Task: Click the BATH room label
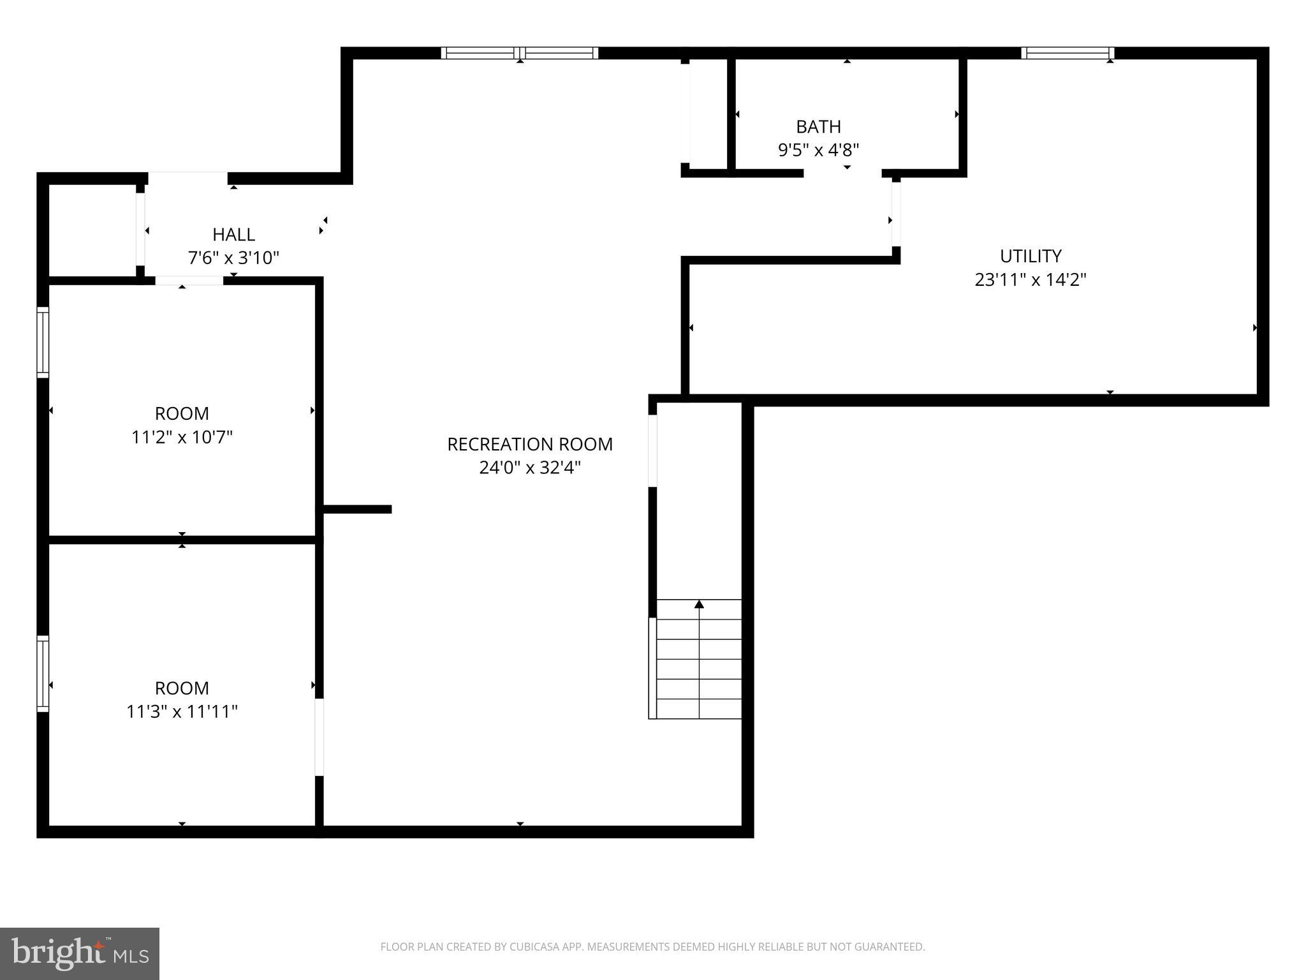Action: tap(818, 126)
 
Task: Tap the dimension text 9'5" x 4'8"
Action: tap(818, 151)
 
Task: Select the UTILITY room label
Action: tap(1030, 256)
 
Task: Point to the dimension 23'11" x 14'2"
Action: tap(1030, 280)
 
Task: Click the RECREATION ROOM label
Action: tap(529, 444)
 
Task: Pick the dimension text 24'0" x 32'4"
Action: tap(529, 468)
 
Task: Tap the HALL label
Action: tap(233, 234)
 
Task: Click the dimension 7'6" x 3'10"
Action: tap(233, 258)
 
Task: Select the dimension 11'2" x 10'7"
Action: tap(182, 438)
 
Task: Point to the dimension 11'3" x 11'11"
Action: tap(182, 712)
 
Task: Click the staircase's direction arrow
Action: tap(699, 604)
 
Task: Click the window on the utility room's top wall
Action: tap(1068, 53)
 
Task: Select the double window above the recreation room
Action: tap(520, 53)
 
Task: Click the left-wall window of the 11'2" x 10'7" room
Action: tap(43, 343)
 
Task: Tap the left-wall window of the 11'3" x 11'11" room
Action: tap(43, 673)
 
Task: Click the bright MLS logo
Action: tap(80, 954)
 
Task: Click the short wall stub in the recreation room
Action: tap(357, 509)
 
